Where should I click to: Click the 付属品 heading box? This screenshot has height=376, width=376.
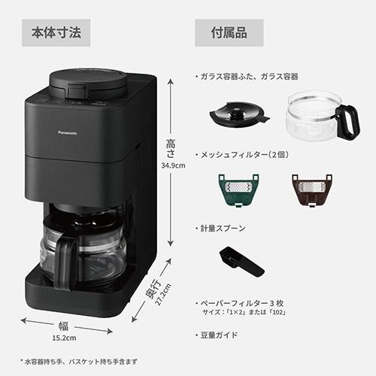click(231, 33)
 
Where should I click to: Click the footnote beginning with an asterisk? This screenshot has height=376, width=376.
click(79, 362)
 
